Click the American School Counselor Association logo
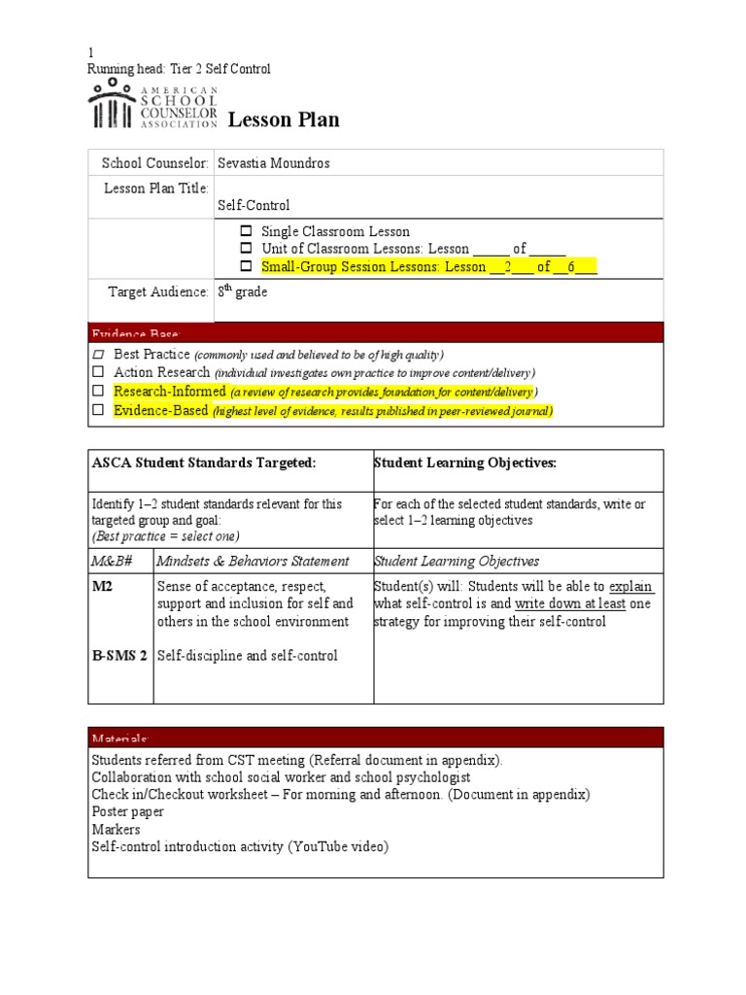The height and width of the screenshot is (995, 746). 153,106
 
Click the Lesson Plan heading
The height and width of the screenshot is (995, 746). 284,120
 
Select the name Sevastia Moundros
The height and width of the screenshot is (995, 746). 273,163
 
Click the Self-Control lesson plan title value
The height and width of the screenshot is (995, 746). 254,205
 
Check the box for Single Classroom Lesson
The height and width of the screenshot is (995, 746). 246,231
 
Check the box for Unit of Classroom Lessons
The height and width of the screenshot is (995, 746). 246,249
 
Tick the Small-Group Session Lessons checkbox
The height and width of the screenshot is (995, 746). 246,266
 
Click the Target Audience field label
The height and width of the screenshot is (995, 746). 158,292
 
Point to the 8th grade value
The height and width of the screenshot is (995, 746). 242,292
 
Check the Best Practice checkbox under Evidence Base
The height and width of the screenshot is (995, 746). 97,355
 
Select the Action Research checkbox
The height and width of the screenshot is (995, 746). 97,372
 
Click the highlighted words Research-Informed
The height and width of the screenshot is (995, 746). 170,391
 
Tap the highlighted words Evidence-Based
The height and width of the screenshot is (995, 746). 160,410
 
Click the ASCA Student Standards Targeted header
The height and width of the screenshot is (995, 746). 204,463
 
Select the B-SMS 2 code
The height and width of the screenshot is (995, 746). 119,656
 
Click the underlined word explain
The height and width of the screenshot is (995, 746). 630,587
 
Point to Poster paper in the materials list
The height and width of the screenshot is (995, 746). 128,811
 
